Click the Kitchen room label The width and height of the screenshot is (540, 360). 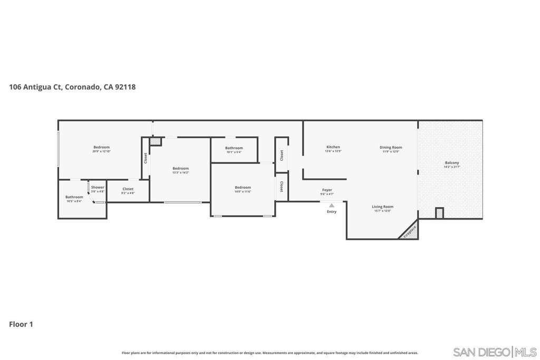333,147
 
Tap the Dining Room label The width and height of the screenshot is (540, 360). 391,148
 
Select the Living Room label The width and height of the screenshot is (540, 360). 382,207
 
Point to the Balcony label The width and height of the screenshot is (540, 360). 451,163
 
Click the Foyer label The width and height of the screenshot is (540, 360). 327,190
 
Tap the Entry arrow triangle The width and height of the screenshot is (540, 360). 331,206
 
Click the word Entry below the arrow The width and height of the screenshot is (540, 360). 331,212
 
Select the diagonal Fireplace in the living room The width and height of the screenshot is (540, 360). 410,231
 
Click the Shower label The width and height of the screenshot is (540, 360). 98,187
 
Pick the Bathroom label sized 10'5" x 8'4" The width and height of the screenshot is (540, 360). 74,197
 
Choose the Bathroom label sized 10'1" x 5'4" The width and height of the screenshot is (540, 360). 234,148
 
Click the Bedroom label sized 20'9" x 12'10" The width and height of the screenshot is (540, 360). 101,147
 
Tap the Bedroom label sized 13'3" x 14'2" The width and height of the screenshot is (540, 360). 180,168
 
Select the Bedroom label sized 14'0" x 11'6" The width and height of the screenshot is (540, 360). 243,187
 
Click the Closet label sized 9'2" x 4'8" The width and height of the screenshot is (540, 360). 128,189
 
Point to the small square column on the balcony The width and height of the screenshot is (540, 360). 439,213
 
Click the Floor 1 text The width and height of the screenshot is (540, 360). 21,324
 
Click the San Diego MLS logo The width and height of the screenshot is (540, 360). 495,352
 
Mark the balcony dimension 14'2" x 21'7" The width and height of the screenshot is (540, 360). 451,167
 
